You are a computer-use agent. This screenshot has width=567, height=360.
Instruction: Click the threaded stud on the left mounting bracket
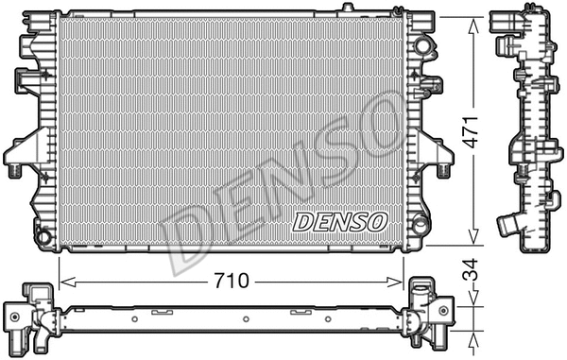coord(16,171)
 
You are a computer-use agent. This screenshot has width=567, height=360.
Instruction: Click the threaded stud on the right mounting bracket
coord(443,170)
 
